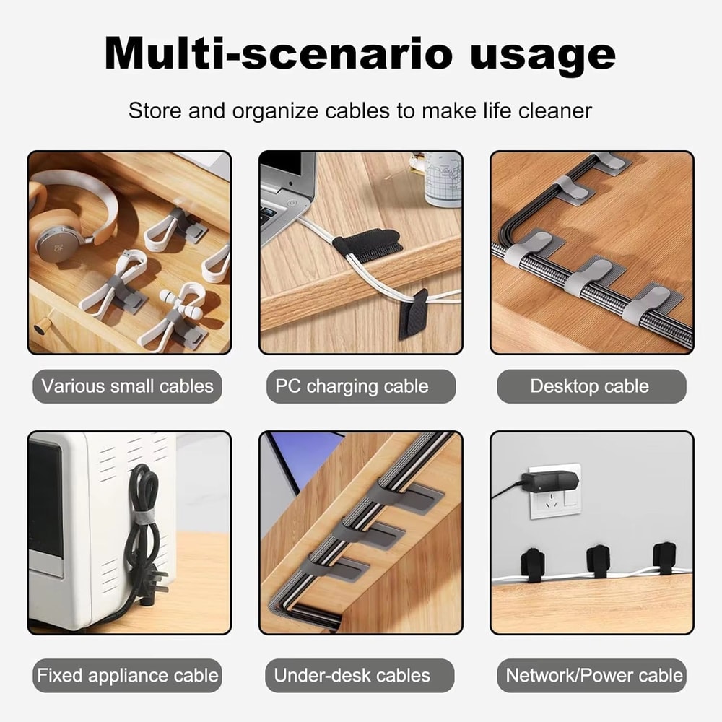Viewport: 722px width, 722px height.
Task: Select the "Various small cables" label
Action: [127, 386]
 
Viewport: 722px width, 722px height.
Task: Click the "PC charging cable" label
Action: [352, 386]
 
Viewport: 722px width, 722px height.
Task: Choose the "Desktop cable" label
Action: [590, 386]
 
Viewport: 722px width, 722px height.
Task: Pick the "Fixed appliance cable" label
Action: [127, 676]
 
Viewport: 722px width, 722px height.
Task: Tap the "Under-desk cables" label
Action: [352, 676]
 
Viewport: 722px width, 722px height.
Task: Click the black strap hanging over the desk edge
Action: [413, 314]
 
